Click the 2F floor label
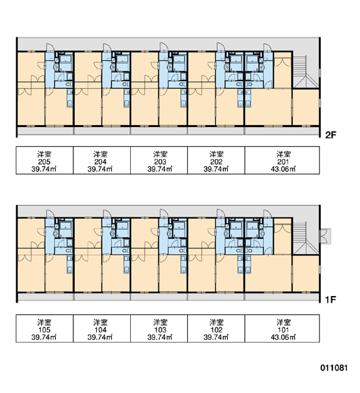point(331,136)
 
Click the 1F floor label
point(331,299)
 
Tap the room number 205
point(45,162)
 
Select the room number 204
point(100,162)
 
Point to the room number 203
point(160,162)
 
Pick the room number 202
point(216,162)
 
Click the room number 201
point(283,162)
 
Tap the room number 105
point(45,330)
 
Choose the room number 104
point(100,330)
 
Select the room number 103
point(160,330)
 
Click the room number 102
point(216,330)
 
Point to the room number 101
point(283,330)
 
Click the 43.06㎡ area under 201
point(283,169)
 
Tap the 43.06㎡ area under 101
point(283,337)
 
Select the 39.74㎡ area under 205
point(44,169)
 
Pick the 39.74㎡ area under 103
point(160,337)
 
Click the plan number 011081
point(334,368)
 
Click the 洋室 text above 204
point(100,154)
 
